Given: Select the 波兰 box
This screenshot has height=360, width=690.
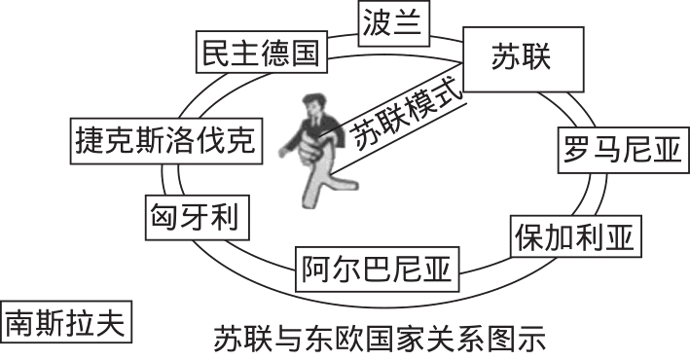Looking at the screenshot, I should (x=393, y=22).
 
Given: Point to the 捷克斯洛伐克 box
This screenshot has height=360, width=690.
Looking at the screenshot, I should (x=164, y=142).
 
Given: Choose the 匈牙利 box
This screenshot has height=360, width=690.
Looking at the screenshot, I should (x=195, y=215).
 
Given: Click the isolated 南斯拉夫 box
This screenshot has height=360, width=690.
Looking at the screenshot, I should (x=66, y=322).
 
